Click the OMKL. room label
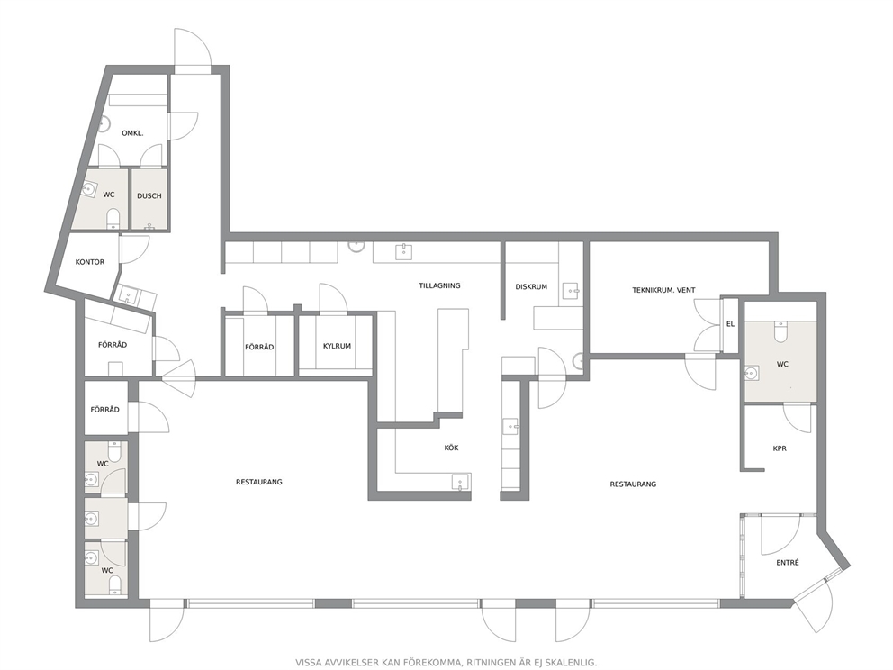[132, 133]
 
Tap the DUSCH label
[149, 196]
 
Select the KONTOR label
[90, 262]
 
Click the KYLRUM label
[338, 346]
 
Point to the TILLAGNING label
[439, 285]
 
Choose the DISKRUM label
[531, 286]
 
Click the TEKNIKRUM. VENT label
[664, 290]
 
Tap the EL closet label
[731, 324]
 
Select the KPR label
[780, 448]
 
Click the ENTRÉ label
[789, 562]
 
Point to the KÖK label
[452, 448]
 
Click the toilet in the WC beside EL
[780, 331]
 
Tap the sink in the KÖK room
[461, 483]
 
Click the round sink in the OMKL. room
[104, 123]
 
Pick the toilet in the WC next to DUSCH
[113, 218]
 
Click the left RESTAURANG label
[259, 482]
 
